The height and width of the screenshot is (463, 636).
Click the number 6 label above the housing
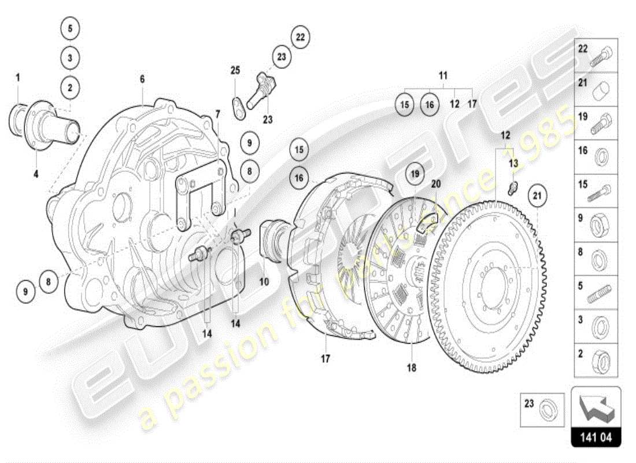142,79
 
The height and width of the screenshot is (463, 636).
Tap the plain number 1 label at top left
18,77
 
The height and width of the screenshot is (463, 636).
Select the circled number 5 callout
69,28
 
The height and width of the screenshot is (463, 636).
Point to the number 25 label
235,71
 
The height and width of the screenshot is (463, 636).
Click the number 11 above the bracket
443,76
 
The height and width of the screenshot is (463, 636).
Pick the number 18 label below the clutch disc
411,368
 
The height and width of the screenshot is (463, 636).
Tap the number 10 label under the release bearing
264,282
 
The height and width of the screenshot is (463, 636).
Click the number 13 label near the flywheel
513,163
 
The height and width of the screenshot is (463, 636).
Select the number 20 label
436,183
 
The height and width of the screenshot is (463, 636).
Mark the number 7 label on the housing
218,115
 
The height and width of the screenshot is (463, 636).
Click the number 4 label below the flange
36,173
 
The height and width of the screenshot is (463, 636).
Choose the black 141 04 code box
596,438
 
